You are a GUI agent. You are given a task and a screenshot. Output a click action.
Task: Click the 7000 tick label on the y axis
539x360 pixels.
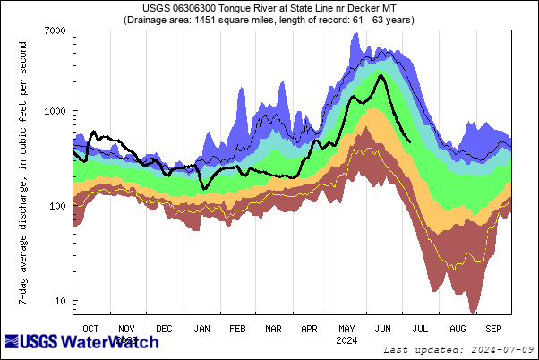click(x=54, y=30)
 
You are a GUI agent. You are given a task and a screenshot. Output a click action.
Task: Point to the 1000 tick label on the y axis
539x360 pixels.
click(x=54, y=111)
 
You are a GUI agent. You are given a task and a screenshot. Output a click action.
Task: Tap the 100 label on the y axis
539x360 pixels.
click(x=56, y=206)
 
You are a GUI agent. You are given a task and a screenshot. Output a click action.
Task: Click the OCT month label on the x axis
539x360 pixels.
click(x=90, y=329)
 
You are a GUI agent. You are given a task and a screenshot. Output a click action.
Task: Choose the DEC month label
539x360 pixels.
click(x=164, y=329)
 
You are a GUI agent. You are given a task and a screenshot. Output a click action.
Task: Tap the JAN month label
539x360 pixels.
click(x=201, y=329)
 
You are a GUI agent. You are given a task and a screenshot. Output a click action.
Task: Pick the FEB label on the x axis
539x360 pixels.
click(x=238, y=329)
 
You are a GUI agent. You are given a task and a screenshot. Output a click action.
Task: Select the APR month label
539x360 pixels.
click(x=310, y=329)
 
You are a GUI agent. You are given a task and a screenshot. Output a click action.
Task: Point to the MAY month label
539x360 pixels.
click(x=346, y=329)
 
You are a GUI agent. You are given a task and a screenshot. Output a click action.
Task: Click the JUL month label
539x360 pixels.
click(x=420, y=329)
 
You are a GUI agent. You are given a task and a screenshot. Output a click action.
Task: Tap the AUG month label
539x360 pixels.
click(x=458, y=329)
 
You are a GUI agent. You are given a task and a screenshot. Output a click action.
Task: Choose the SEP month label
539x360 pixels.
click(x=494, y=329)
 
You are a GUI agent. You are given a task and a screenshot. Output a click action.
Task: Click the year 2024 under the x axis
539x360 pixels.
click(x=346, y=340)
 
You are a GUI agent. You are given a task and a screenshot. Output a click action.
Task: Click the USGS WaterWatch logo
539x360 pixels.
click(x=82, y=342)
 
